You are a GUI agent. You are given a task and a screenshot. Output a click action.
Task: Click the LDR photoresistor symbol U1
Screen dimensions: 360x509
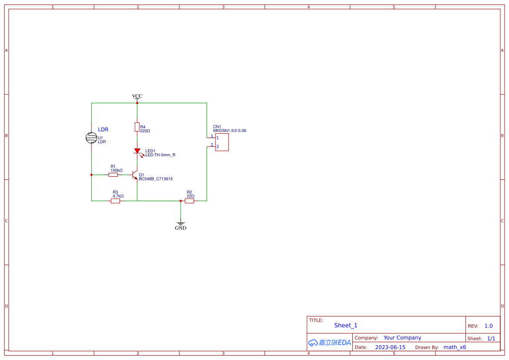tap(91, 138)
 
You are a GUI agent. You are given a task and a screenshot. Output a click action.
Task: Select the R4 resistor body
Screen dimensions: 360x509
tap(137, 127)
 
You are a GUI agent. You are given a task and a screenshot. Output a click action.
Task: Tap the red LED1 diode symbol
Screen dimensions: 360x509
tap(137, 151)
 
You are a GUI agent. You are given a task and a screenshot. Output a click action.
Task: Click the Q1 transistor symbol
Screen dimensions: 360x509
tap(135, 175)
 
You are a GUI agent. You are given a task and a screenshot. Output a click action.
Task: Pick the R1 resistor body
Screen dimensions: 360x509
tap(113, 175)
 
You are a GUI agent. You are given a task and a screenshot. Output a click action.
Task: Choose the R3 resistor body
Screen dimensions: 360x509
tap(115, 201)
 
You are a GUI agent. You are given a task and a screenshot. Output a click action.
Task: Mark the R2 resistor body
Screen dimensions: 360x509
tap(189, 201)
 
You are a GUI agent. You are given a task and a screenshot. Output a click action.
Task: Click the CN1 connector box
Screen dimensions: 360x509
tap(222, 142)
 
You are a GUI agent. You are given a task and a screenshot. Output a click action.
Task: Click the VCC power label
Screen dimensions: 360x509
tap(137, 96)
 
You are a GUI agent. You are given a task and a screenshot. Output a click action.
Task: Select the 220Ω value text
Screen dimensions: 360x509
tap(145, 131)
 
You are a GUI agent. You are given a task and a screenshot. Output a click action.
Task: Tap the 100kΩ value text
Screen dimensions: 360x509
tap(116, 171)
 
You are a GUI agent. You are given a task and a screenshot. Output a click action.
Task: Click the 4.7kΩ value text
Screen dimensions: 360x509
tap(118, 196)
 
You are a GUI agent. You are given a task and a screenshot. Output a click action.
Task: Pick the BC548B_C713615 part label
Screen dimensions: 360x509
tap(156, 179)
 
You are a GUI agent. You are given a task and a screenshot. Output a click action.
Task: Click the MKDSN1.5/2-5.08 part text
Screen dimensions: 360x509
tap(229, 131)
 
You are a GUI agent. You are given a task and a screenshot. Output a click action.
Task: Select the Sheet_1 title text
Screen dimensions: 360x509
tap(346, 325)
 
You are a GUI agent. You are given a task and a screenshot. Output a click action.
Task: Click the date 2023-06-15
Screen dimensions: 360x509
tap(390, 347)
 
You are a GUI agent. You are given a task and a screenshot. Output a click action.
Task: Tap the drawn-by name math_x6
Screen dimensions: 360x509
tap(455, 347)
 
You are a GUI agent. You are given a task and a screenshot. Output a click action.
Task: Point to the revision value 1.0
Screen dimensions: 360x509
tap(489, 326)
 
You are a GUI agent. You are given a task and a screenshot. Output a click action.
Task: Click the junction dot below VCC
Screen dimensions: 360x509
tap(137, 103)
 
